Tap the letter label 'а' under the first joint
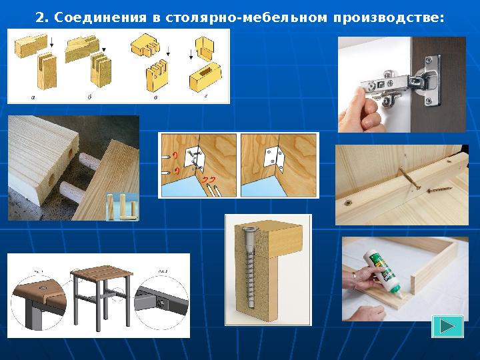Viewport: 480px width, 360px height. pos(33,97)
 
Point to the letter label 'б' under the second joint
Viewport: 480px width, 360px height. pos(90,97)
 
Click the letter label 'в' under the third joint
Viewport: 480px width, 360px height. pos(155,97)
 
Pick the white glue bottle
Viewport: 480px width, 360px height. pos(379,270)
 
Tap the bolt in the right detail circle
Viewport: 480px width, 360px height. pos(163,301)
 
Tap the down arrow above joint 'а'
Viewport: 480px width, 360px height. pos(52,45)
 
